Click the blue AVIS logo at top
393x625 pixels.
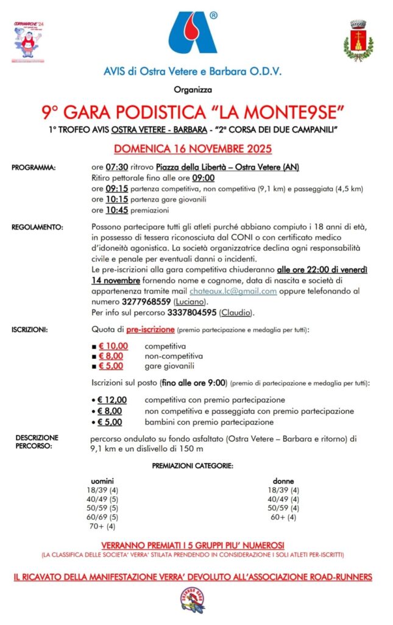pyautogui.click(x=193, y=33)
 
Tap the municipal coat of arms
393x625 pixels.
pyautogui.click(x=358, y=40)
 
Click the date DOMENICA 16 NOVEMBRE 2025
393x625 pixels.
pyautogui.click(x=193, y=148)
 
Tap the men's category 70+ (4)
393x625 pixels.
pyautogui.click(x=102, y=526)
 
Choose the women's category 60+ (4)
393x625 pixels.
pyautogui.click(x=283, y=518)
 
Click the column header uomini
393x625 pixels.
pyautogui.click(x=102, y=481)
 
